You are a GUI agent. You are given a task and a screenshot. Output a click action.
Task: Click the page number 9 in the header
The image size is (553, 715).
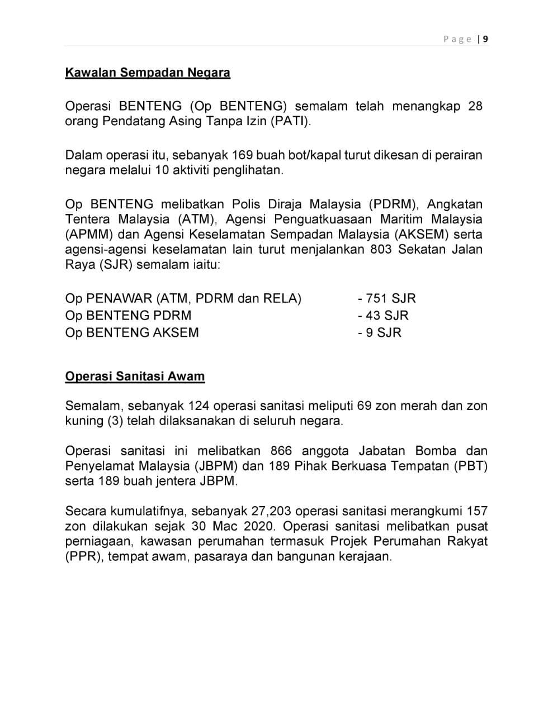(x=485, y=39)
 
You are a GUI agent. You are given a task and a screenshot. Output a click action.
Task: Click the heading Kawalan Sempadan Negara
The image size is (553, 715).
(x=148, y=73)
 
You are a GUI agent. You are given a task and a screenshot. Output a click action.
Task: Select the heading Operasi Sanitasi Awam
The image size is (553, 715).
(x=135, y=376)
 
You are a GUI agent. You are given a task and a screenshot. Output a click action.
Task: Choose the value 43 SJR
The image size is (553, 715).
(x=386, y=316)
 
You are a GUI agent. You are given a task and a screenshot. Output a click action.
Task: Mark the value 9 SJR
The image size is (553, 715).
(x=383, y=333)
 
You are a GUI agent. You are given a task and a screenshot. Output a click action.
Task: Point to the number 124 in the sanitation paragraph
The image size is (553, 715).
(x=198, y=406)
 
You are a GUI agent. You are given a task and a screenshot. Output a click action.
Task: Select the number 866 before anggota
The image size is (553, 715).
(x=281, y=451)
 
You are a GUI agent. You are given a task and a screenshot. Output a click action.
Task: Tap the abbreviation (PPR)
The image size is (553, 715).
(x=83, y=557)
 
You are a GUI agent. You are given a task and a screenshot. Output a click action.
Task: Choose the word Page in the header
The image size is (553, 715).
(x=457, y=39)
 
